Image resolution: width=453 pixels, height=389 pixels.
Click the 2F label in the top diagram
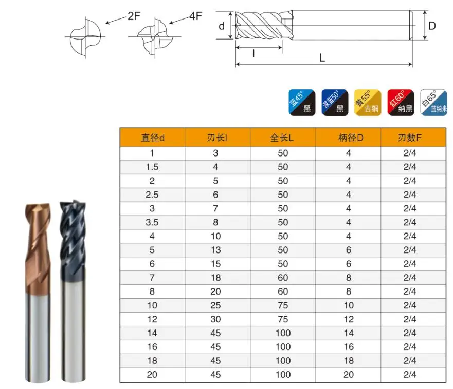pyautogui.click(x=134, y=16)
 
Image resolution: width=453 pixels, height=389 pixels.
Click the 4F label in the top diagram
pyautogui.click(x=195, y=16)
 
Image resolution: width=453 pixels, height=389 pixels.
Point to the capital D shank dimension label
pyautogui.click(x=432, y=26)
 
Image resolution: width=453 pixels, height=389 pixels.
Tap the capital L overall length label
pyautogui.click(x=322, y=58)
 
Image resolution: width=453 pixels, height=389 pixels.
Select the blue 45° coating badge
pyautogui.click(x=301, y=102)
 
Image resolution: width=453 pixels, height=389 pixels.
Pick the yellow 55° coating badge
pyautogui.click(x=368, y=102)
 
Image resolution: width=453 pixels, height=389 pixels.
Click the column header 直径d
pyautogui.click(x=152, y=138)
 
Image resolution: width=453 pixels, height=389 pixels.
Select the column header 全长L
pyautogui.click(x=283, y=138)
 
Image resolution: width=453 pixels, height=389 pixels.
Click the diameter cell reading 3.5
pyautogui.click(x=152, y=222)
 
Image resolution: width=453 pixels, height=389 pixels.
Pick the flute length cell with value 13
pyautogui.click(x=216, y=250)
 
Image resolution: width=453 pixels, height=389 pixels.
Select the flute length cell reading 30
pyautogui.click(x=216, y=319)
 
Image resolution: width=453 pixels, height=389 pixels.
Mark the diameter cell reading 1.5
pyautogui.click(x=152, y=167)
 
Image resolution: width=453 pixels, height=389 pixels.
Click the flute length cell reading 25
pyautogui.click(x=216, y=305)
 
